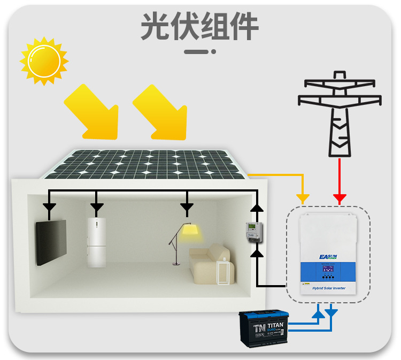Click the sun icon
point(44,60)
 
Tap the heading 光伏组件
point(200,25)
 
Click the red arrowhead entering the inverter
point(339,199)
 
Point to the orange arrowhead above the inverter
point(303,198)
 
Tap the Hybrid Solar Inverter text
point(328,288)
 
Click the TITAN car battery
point(264,328)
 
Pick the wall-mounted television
point(51,242)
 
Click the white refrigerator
point(97,242)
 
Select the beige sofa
point(209,265)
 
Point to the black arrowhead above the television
point(49,206)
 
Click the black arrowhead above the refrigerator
point(97,206)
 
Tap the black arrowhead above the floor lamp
point(187,206)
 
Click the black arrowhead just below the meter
point(258,252)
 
